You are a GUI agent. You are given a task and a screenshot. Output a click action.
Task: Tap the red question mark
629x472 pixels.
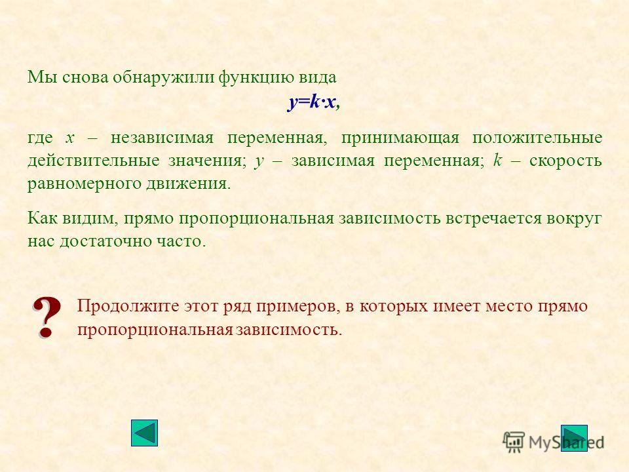47,317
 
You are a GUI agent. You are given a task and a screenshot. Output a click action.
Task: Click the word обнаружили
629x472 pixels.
163,77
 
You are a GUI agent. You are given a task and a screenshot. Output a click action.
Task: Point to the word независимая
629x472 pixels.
162,138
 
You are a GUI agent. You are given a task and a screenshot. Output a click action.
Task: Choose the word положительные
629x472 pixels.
537,138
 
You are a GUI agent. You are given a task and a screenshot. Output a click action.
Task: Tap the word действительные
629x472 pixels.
94,161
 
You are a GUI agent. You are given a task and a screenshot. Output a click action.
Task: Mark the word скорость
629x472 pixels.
565,161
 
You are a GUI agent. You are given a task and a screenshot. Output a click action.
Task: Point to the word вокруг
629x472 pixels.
574,219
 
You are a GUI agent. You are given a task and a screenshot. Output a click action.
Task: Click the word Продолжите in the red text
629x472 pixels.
128,306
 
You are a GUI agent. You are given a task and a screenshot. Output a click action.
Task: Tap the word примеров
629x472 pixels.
295,307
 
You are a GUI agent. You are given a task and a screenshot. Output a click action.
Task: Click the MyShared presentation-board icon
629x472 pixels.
514,442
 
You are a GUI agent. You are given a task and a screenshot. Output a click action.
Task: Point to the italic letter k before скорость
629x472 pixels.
497,160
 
